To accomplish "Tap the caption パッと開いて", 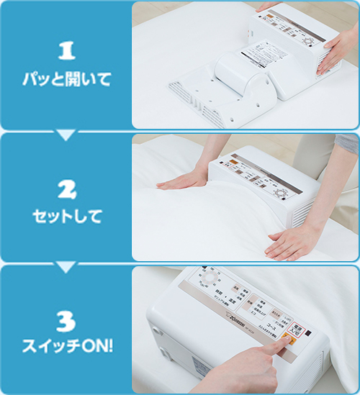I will pos(66,79).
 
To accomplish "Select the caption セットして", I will pos(66,215).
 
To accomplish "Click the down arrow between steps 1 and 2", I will pos(66,135).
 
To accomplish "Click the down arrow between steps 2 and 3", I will pos(66,267).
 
